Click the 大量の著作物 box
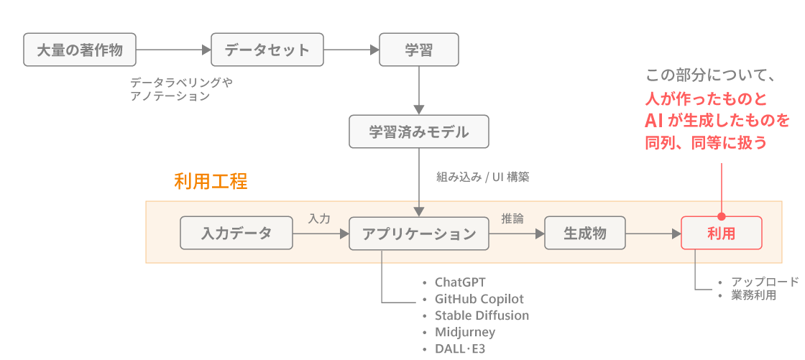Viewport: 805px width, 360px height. pos(79,50)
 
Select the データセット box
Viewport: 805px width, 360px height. pos(267,50)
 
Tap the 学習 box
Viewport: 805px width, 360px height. pos(418,50)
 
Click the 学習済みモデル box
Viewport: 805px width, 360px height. pos(418,132)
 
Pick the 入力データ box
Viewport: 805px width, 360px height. pos(236,234)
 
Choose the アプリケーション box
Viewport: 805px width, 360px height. pos(418,234)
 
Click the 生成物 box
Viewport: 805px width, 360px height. pos(585,234)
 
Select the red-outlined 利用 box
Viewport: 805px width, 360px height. pos(721,234)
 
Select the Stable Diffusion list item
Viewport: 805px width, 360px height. pos(482,315)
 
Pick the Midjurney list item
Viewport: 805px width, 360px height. pos(465,332)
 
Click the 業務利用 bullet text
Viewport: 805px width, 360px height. pos(753,295)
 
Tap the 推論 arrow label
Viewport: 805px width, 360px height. pos(512,218)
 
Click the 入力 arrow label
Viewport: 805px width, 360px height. pos(319,218)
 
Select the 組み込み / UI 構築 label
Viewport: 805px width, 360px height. pos(482,177)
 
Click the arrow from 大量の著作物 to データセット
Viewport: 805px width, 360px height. pos(172,50)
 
